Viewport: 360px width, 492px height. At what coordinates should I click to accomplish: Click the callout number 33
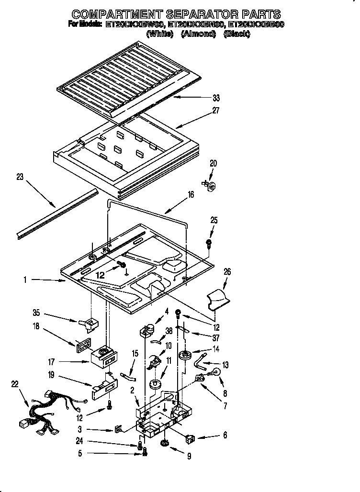pos(216,98)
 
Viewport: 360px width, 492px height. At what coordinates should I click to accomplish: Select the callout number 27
pos(216,111)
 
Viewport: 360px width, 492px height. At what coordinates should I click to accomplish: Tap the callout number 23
pos(20,177)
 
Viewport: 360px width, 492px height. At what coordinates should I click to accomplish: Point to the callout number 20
pos(213,163)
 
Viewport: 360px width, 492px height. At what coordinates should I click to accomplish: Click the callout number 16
pos(191,195)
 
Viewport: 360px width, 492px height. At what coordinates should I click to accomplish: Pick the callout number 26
pos(227,272)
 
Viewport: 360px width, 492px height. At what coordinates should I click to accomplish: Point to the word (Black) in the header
pos(236,34)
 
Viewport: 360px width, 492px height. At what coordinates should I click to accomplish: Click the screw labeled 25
pos(209,244)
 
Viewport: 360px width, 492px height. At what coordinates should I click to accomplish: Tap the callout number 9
pos(190,457)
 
